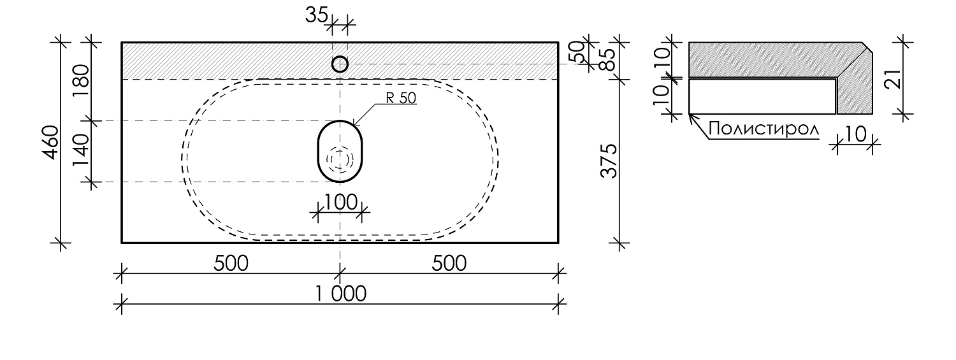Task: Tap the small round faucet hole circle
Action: point(340,64)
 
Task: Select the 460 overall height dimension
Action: point(52,143)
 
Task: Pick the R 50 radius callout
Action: point(400,98)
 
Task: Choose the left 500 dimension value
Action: point(231,263)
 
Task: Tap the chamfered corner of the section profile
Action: point(867,48)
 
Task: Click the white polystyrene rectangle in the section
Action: point(762,96)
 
